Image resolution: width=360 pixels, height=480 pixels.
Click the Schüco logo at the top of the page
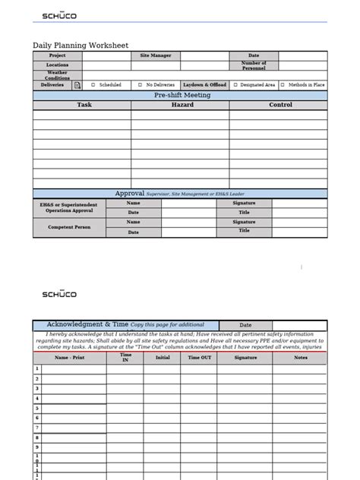click(x=58, y=15)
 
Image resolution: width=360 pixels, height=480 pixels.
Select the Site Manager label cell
click(x=156, y=55)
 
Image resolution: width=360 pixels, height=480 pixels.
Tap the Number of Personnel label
click(x=254, y=66)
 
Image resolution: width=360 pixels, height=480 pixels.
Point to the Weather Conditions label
click(x=57, y=76)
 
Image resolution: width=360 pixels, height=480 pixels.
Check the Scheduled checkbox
click(x=93, y=86)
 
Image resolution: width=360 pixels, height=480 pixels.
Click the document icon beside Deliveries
click(x=77, y=86)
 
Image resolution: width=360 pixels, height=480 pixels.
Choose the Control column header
click(x=280, y=106)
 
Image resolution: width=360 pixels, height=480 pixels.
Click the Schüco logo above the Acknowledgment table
click(x=58, y=294)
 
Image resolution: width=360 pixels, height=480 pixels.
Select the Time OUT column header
click(x=200, y=357)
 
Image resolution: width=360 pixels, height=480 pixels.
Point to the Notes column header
click(x=301, y=357)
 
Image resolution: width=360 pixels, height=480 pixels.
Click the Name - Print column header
click(x=70, y=357)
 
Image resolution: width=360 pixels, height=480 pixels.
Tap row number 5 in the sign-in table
click(x=36, y=409)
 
